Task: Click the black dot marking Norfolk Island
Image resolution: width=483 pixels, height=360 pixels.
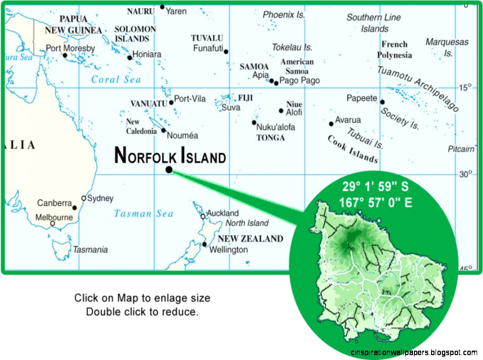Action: click(x=169, y=169)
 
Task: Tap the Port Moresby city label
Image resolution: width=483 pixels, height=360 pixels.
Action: click(x=70, y=48)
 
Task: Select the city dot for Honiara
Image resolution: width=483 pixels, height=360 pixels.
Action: click(x=130, y=58)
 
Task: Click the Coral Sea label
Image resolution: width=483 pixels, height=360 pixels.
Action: click(x=116, y=79)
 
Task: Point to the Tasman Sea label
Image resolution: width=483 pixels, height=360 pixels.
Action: click(x=144, y=214)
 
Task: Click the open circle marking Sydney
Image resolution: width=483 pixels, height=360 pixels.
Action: click(x=84, y=198)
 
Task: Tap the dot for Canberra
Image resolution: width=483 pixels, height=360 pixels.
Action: click(x=74, y=208)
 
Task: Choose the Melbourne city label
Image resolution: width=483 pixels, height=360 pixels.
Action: click(x=54, y=217)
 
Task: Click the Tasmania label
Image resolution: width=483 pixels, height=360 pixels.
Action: click(x=90, y=250)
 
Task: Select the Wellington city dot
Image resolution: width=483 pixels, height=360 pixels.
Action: click(x=204, y=244)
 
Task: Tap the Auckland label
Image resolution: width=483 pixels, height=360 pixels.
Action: click(x=222, y=213)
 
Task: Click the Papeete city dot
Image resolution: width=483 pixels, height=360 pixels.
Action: click(x=382, y=102)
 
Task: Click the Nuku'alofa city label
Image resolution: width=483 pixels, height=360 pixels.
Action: click(x=276, y=127)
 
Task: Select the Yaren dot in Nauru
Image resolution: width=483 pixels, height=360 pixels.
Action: click(x=162, y=7)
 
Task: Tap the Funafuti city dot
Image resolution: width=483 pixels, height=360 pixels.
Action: click(x=226, y=51)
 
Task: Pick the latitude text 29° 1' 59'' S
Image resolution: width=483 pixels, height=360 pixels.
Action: click(x=375, y=187)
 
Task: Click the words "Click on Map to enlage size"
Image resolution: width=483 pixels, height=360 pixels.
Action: click(x=142, y=298)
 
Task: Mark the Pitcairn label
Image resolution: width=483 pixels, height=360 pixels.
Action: click(x=461, y=149)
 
